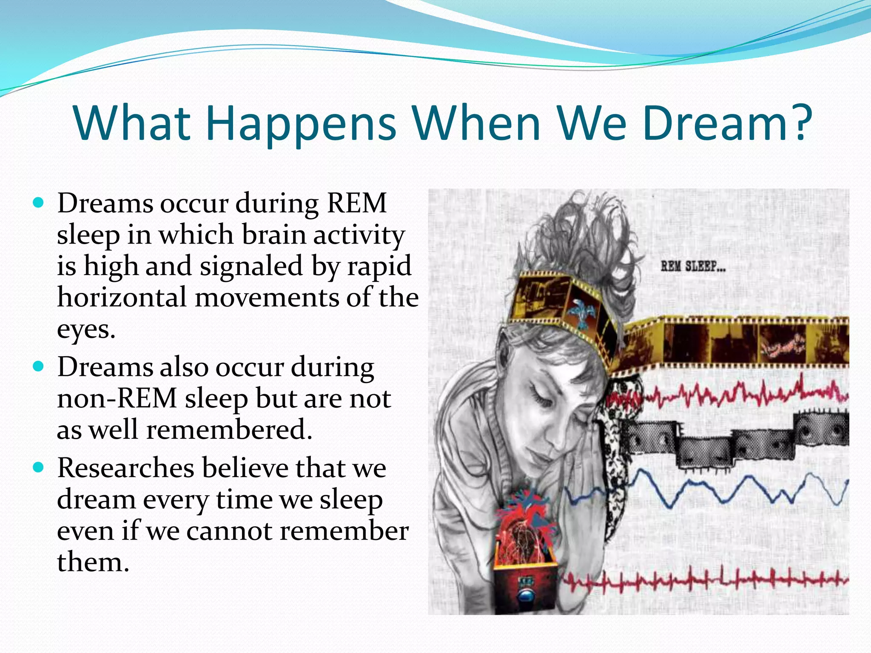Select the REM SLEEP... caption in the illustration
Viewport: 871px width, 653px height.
[693, 267]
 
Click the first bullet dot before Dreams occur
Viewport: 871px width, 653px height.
[38, 203]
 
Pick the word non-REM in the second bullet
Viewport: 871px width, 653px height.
[117, 399]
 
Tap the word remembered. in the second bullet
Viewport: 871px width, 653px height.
[229, 430]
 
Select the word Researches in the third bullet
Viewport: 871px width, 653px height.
[125, 468]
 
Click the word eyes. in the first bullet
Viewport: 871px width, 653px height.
[86, 329]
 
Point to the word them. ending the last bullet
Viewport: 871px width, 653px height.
[92, 562]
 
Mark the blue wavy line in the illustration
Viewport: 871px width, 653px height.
[723, 493]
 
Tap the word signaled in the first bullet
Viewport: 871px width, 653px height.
[251, 266]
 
